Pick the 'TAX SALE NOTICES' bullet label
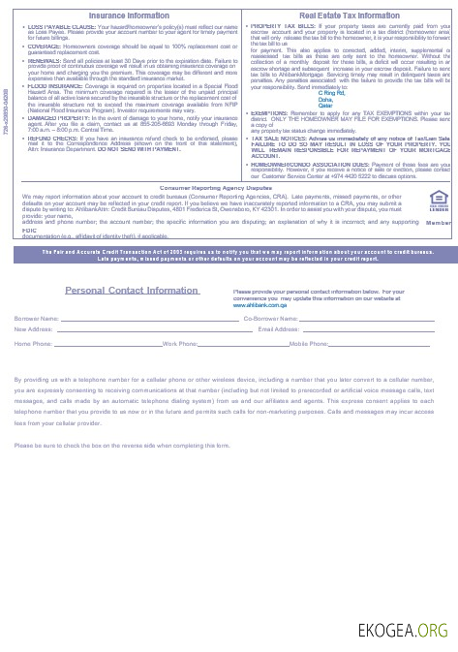click(x=277, y=139)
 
